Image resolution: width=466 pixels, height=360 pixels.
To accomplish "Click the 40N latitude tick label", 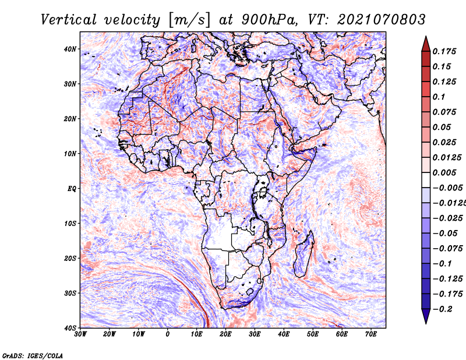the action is (70, 49).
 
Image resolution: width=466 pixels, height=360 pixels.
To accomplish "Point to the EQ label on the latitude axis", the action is (72, 189).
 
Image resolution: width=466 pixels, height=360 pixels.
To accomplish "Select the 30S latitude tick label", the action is (70, 293).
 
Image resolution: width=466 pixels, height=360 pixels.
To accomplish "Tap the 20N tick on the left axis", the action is (70, 119).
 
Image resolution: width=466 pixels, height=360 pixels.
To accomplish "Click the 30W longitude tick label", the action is (80, 334).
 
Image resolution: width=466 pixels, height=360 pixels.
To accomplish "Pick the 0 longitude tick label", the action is (168, 334).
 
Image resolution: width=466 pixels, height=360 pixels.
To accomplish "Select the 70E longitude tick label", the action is (370, 334).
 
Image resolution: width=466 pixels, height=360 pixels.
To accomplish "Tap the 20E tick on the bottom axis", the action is (225, 334).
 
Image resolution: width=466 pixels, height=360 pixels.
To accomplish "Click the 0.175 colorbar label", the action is (444, 51).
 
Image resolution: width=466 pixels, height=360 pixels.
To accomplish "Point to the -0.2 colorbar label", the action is (443, 309).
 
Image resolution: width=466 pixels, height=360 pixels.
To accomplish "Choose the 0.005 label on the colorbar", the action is (444, 172).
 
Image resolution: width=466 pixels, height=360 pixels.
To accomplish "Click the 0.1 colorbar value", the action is (439, 97).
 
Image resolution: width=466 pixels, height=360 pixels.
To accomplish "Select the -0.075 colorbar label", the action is (447, 249).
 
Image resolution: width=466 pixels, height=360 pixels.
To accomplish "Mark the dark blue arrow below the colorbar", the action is (426, 316).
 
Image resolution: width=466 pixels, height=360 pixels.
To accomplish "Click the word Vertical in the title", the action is (69, 20).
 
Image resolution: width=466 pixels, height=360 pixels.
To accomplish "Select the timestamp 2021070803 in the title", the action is (382, 20).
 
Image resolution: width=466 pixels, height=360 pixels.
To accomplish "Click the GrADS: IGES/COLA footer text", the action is (33, 355).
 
